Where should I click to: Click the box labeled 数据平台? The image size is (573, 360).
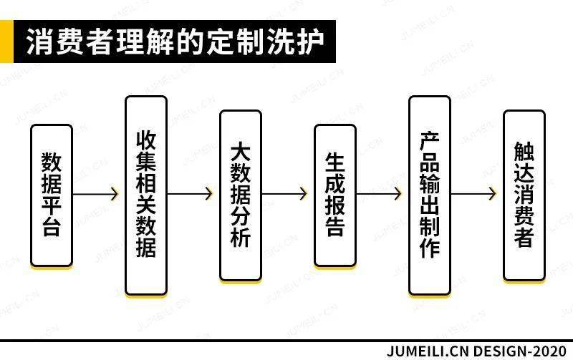coord(52,195)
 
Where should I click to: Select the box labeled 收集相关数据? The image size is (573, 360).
coord(146,195)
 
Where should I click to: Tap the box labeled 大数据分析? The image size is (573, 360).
coord(241,195)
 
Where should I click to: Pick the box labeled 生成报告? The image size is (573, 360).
coord(335,195)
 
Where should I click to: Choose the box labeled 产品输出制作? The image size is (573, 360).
coord(430,195)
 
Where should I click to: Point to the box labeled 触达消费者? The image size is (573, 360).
coord(524,195)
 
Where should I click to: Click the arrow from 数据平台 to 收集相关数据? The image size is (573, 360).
coord(96,194)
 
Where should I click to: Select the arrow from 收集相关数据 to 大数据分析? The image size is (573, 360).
coord(190,194)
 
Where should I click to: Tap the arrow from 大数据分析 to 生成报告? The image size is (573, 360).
coord(284,194)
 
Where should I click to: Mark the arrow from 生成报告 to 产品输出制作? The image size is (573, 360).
coord(380,194)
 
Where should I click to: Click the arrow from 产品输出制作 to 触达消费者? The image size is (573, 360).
coord(473,194)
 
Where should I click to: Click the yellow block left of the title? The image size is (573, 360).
coord(6,42)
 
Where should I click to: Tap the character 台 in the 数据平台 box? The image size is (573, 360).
coord(51,227)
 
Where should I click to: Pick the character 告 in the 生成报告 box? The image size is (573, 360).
coord(334,227)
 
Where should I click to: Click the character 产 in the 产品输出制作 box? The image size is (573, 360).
coord(429,141)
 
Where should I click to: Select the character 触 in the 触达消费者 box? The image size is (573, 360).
coord(524,152)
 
